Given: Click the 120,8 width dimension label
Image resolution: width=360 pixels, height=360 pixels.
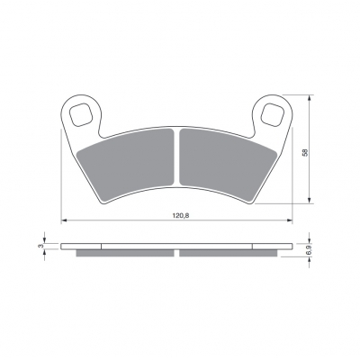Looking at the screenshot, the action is [181, 215].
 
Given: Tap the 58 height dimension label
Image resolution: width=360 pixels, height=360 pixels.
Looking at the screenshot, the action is [305, 152].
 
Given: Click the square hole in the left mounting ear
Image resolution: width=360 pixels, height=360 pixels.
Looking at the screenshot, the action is [80, 114].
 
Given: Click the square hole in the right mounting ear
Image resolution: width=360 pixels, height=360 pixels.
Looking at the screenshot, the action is [272, 114].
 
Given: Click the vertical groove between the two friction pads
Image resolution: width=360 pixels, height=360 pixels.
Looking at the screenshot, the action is [176, 157].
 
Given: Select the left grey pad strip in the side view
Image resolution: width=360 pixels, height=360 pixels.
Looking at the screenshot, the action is [125, 253].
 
